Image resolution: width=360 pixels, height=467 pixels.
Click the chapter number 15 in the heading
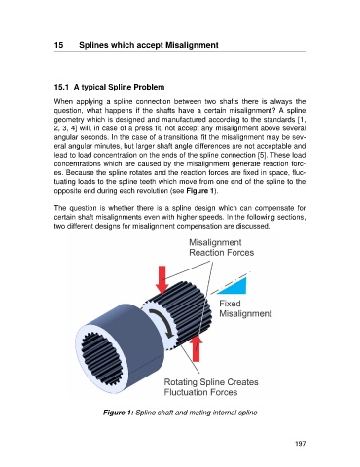[x=58, y=45]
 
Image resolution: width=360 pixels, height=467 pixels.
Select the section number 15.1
[x=61, y=87]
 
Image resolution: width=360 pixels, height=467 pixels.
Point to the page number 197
[x=301, y=444]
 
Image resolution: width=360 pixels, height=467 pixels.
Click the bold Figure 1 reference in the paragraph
[x=200, y=191]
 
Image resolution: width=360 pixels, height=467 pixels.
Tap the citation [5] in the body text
[x=263, y=155]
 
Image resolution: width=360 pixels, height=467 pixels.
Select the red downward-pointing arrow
[x=162, y=279]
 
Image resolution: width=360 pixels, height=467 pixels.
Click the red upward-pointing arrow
[x=196, y=348]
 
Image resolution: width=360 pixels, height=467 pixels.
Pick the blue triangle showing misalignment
[x=236, y=286]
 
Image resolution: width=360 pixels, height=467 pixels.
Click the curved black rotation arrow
[x=163, y=322]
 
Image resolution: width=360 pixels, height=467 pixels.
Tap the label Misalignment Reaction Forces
[x=222, y=248]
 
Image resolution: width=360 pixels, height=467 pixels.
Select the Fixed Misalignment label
[x=245, y=308]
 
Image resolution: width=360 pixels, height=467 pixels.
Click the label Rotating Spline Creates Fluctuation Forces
[x=211, y=387]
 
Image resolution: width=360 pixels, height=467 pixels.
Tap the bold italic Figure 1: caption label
[x=118, y=413]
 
